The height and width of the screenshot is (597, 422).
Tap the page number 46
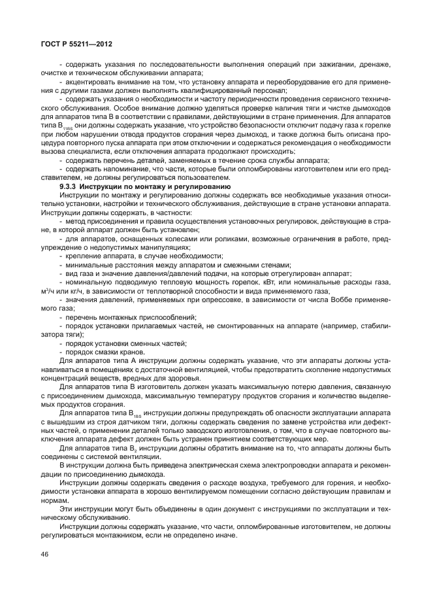44,554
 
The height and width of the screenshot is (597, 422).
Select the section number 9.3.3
70,187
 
